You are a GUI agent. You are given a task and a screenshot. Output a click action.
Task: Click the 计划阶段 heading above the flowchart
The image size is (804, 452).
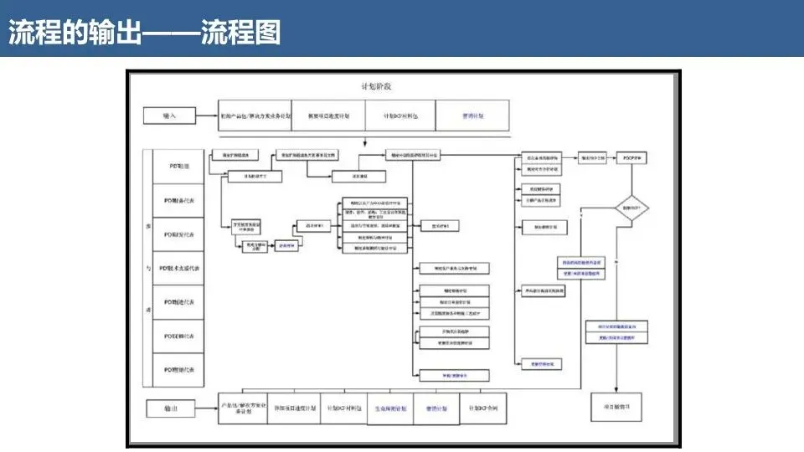pos(376,86)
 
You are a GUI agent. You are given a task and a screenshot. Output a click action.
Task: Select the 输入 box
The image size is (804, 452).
pos(171,116)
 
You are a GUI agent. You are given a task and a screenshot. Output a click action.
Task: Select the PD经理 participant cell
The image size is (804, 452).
pos(178,167)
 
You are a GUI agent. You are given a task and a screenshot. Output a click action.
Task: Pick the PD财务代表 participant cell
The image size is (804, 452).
pos(178,200)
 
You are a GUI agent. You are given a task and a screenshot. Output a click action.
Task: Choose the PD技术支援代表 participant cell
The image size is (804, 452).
pos(178,268)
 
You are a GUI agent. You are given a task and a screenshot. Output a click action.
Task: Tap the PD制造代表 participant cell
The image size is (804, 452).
pos(178,302)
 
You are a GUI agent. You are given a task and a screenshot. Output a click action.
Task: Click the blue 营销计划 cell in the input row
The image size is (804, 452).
pos(472,116)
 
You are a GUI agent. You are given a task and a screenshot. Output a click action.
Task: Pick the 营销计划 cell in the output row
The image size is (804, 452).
pos(436,408)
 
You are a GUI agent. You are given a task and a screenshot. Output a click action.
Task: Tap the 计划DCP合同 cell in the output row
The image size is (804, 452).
pos(484,408)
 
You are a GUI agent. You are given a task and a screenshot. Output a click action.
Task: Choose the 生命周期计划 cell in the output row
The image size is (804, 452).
pos(390,408)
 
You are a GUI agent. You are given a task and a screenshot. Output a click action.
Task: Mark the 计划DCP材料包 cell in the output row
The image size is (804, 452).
pos(343,408)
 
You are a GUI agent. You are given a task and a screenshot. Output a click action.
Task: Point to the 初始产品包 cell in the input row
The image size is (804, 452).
pos(255,116)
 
